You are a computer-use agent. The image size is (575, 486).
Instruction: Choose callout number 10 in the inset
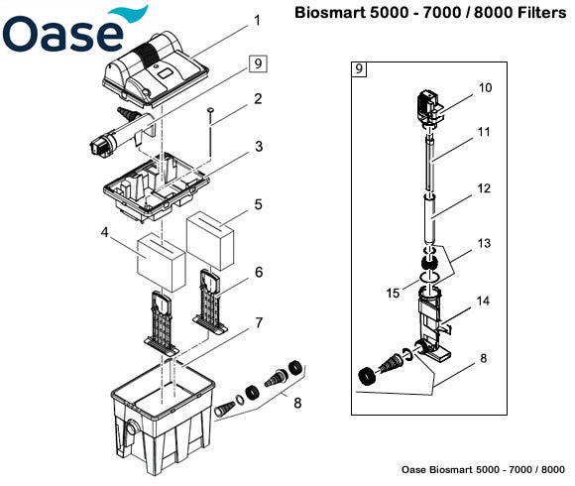(485, 87)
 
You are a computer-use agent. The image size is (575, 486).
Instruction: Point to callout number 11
(485, 130)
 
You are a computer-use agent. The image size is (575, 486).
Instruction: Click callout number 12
(485, 187)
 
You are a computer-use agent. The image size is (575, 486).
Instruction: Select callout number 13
(485, 243)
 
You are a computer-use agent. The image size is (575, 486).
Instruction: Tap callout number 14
(485, 299)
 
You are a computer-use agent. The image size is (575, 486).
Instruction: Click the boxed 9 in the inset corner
(359, 69)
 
